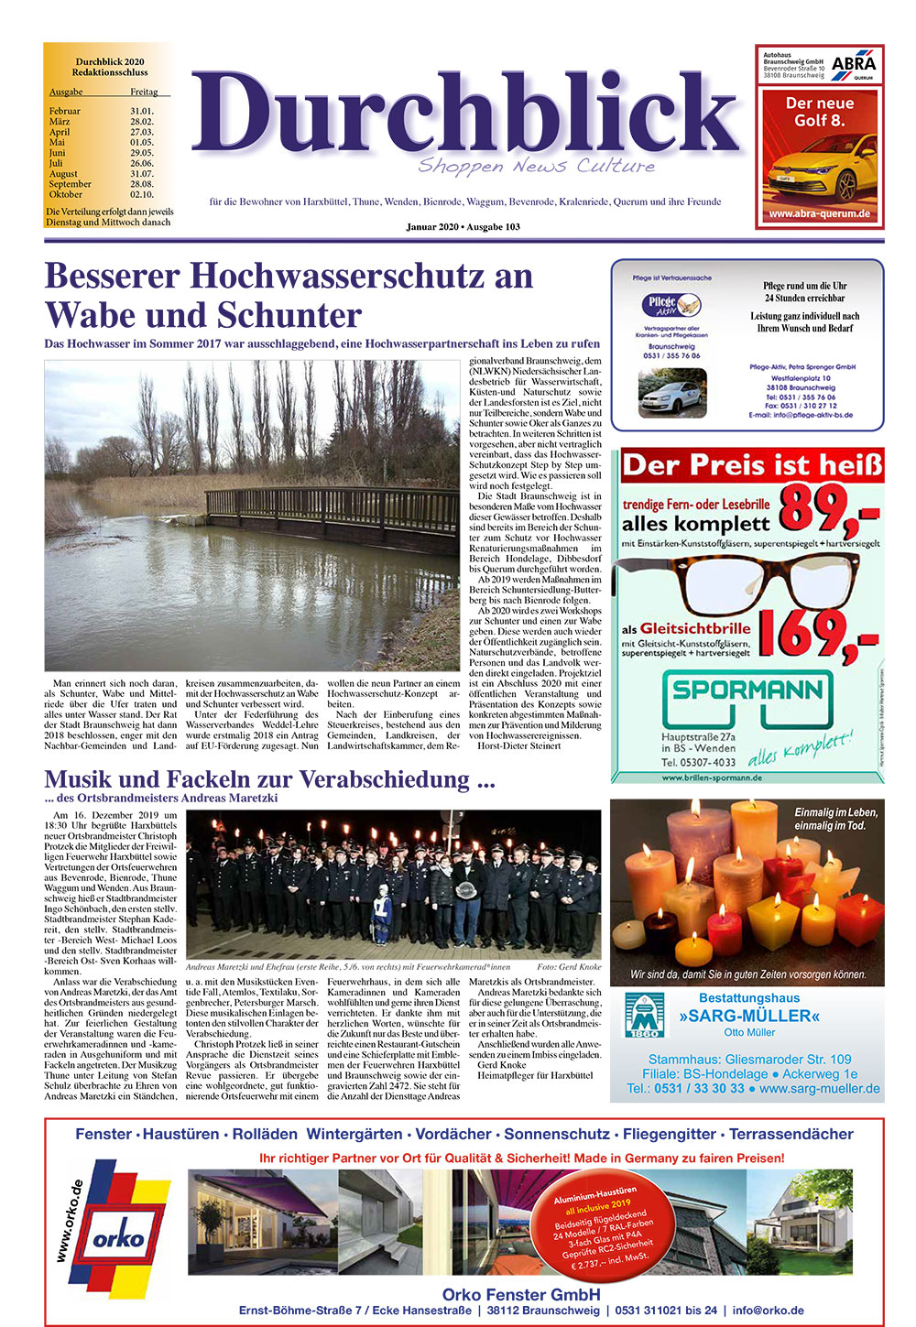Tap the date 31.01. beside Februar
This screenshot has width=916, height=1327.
coord(142,111)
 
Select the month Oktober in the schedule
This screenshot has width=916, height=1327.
coord(65,194)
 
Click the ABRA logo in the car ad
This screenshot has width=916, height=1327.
coord(853,65)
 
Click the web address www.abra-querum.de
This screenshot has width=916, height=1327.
coord(819,214)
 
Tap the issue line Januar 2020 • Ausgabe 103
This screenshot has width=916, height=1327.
coord(463,227)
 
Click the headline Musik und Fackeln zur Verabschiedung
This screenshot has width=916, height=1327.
coord(269,779)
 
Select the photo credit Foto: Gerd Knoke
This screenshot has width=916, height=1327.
coord(569,967)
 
